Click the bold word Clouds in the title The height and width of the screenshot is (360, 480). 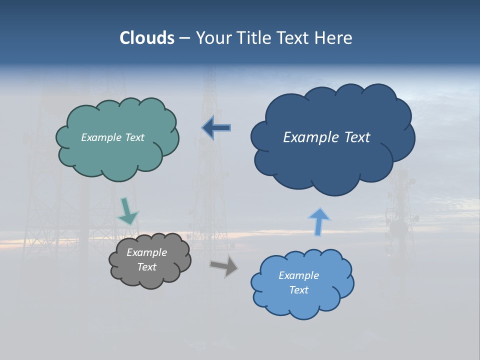(146, 38)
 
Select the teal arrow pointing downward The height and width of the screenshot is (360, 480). (127, 211)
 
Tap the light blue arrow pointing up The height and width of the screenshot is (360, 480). (318, 221)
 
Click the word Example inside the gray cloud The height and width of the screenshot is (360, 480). (147, 252)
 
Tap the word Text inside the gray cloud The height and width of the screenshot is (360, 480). (147, 267)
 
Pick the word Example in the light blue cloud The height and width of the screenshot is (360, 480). (298, 275)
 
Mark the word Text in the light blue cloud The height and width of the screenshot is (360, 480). (298, 290)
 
